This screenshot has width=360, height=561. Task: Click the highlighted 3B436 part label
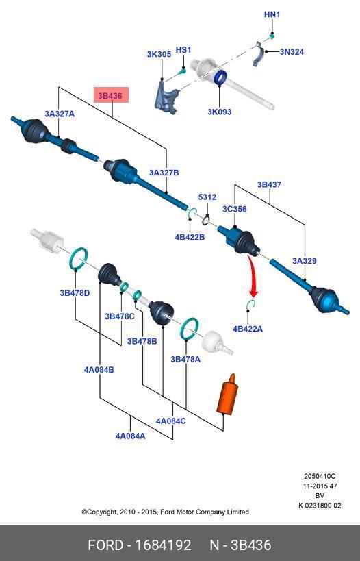click(x=111, y=95)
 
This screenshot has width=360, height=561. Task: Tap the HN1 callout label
click(x=272, y=14)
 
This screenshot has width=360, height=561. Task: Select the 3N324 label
click(x=292, y=52)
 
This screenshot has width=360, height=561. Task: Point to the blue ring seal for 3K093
click(x=220, y=77)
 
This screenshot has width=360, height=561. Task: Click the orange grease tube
click(x=227, y=396)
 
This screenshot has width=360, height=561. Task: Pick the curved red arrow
click(x=253, y=275)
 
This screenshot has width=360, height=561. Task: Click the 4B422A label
click(x=247, y=329)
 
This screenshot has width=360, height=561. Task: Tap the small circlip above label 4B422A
click(x=251, y=304)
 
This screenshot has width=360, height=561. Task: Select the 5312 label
click(x=207, y=197)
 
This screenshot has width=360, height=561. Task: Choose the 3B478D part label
click(x=75, y=293)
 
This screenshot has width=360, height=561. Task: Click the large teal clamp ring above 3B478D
click(x=79, y=258)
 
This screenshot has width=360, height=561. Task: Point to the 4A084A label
click(x=130, y=436)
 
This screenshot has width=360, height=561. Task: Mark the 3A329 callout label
click(x=305, y=261)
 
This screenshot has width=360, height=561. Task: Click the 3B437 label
click(x=269, y=185)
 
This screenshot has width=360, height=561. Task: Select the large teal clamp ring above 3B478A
click(x=190, y=327)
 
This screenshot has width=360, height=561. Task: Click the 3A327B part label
click(x=164, y=173)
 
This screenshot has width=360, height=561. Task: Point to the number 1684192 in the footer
click(x=163, y=545)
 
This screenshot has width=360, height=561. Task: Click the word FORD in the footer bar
click(x=105, y=545)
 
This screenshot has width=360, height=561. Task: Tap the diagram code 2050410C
click(x=320, y=476)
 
